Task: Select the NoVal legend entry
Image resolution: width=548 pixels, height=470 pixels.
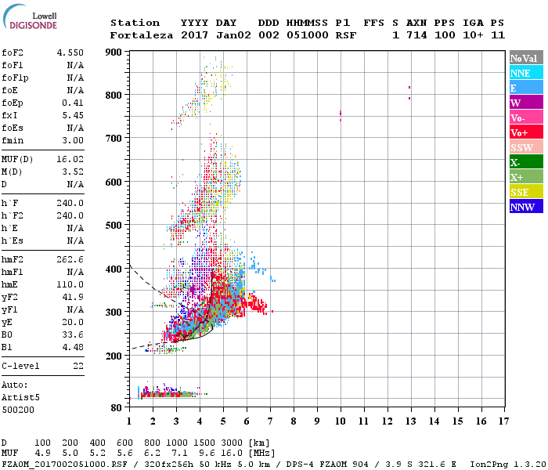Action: [526, 58]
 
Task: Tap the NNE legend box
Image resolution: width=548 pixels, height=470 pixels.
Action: [526, 73]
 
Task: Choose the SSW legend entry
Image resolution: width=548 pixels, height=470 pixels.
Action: [526, 147]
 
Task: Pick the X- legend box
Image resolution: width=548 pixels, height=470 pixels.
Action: [526, 162]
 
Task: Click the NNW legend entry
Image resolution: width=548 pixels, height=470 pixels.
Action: [526, 207]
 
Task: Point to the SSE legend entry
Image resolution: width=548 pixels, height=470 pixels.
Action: [526, 192]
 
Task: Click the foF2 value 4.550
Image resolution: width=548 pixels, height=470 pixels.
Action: [70, 52]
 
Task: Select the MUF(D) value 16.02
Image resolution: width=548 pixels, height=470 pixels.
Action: [70, 159]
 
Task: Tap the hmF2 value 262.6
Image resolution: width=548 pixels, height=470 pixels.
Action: [70, 259]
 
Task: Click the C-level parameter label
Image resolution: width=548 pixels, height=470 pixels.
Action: [22, 366]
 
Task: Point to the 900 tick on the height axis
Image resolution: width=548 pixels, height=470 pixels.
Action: [114, 52]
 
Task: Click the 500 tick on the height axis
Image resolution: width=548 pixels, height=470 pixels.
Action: [114, 226]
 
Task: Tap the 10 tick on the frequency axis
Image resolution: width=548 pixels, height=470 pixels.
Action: [340, 421]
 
